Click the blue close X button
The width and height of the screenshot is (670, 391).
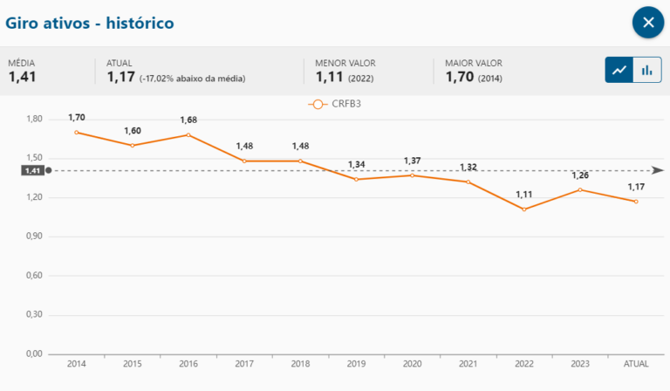pyautogui.click(x=648, y=23)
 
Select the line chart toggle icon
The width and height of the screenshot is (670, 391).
pyautogui.click(x=620, y=70)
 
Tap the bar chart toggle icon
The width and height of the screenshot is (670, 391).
pyautogui.click(x=646, y=70)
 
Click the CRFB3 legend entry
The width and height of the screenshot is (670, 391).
pyautogui.click(x=334, y=105)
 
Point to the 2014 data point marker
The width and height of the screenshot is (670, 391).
pyautogui.click(x=77, y=133)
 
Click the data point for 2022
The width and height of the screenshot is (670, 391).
pyautogui.click(x=524, y=209)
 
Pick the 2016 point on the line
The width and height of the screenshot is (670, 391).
pyautogui.click(x=188, y=135)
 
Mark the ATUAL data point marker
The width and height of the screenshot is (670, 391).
pyautogui.click(x=636, y=202)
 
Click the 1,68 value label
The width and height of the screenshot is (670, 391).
pyautogui.click(x=188, y=120)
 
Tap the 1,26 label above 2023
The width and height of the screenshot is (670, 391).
pyautogui.click(x=580, y=175)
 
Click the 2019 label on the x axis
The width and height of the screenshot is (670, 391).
pyautogui.click(x=356, y=364)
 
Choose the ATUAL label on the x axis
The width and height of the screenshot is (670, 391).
pyautogui.click(x=636, y=364)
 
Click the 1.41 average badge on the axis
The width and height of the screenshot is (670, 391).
pyautogui.click(x=33, y=171)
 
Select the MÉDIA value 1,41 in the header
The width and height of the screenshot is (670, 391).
pyautogui.click(x=23, y=78)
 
